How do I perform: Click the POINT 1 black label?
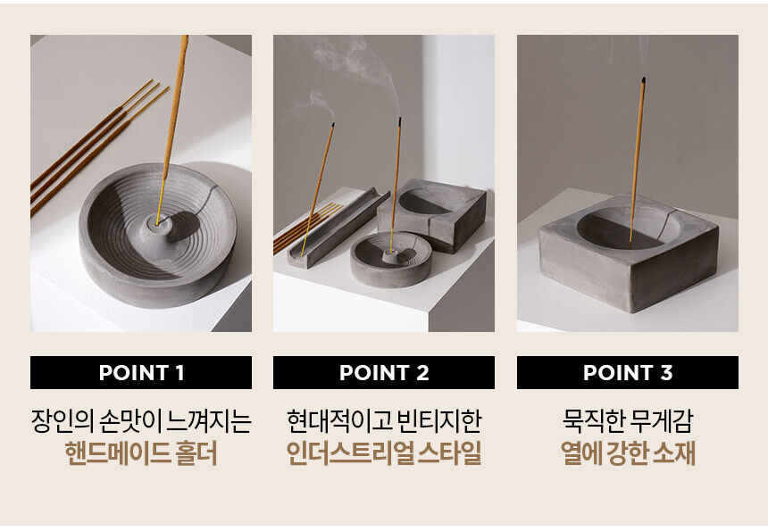tap(141, 372)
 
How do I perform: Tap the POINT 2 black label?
tap(384, 372)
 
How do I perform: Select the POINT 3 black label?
tap(628, 372)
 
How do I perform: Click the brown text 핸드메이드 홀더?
tap(141, 453)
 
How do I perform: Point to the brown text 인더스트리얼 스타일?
tap(384, 453)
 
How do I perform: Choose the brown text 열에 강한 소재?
tap(628, 453)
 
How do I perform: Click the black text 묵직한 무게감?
tap(628, 421)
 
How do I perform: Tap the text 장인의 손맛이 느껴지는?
tap(141, 421)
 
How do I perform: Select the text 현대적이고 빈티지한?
tap(384, 421)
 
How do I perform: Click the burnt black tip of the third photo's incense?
tap(643, 80)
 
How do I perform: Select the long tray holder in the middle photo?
tap(338, 228)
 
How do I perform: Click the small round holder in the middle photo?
tap(391, 260)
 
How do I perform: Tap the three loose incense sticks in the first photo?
tap(98, 147)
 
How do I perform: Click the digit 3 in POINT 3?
tap(666, 373)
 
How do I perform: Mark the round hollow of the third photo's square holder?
tap(629, 228)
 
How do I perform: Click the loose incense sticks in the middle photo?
tap(307, 228)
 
